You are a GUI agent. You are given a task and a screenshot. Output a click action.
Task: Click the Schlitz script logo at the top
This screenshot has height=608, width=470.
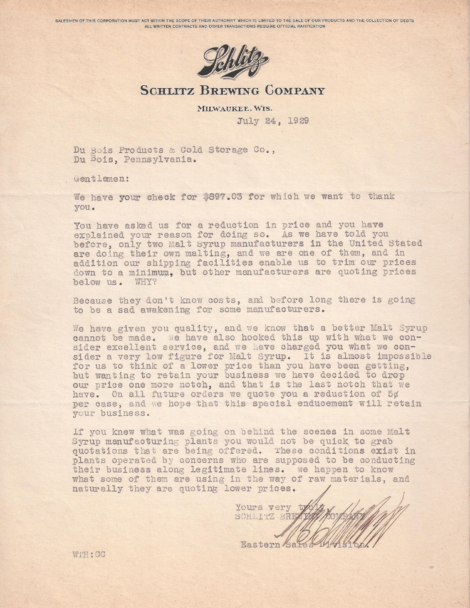click(232, 61)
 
